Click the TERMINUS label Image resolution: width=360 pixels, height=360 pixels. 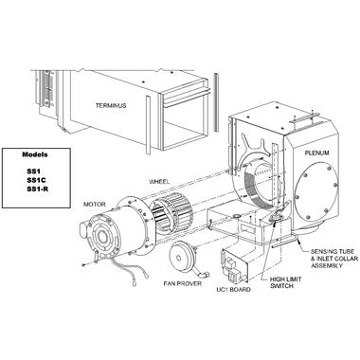click(x=111, y=105)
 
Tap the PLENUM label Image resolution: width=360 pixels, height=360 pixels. click(x=316, y=153)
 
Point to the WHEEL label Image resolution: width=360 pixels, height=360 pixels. click(x=159, y=182)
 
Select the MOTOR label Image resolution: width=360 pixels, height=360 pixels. click(x=95, y=205)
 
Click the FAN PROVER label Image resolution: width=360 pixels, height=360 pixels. click(x=183, y=283)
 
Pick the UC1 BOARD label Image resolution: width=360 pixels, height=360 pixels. click(x=234, y=289)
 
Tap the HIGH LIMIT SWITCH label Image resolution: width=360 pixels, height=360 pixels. click(x=285, y=282)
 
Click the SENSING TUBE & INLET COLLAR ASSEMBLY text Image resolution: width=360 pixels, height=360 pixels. click(x=334, y=259)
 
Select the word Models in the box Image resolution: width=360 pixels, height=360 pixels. click(x=35, y=154)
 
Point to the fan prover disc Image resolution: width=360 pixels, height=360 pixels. click(x=182, y=257)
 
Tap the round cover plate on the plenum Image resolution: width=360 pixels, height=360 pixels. click(x=316, y=191)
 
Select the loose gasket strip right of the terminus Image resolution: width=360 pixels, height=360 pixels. click(x=216, y=102)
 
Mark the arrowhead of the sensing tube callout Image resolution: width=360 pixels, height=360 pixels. click(x=298, y=243)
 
